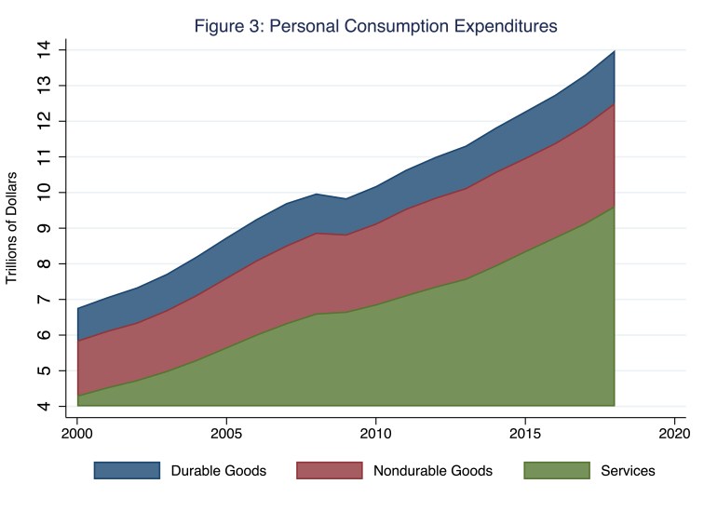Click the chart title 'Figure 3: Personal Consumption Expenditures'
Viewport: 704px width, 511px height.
tap(375, 26)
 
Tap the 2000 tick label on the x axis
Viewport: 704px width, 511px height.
tap(77, 434)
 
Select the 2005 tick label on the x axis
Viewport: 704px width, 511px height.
tap(226, 434)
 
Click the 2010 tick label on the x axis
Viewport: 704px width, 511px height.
tap(375, 434)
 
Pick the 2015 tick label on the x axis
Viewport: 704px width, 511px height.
tap(524, 434)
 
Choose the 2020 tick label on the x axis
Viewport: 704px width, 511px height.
tap(672, 434)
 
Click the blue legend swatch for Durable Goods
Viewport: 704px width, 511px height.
tap(121, 470)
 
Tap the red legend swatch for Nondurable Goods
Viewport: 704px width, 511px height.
tap(324, 470)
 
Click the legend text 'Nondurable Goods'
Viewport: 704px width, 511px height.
tap(432, 471)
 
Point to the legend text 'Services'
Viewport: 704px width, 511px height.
tap(628, 471)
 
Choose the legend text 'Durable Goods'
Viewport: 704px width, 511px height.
tap(218, 471)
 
